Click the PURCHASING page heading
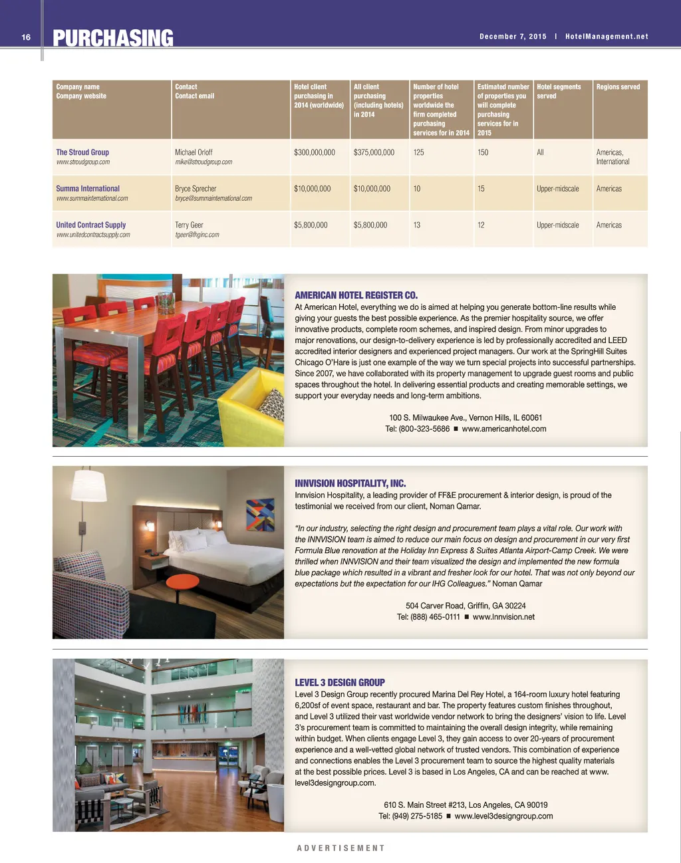click(x=113, y=39)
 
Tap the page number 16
click(x=26, y=37)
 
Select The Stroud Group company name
click(x=82, y=152)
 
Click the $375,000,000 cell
click(x=374, y=152)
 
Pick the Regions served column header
click(x=618, y=87)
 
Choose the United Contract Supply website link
click(x=93, y=235)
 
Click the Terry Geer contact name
click(x=189, y=225)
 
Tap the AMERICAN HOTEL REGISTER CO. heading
click(x=356, y=295)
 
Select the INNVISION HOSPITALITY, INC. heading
click(x=350, y=483)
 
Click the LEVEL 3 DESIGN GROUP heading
click(x=340, y=682)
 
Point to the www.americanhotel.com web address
click(x=503, y=429)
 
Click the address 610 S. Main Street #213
click(x=424, y=804)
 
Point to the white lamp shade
click(x=89, y=488)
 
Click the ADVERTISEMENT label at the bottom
click(x=340, y=848)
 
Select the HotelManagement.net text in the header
click(x=607, y=37)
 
